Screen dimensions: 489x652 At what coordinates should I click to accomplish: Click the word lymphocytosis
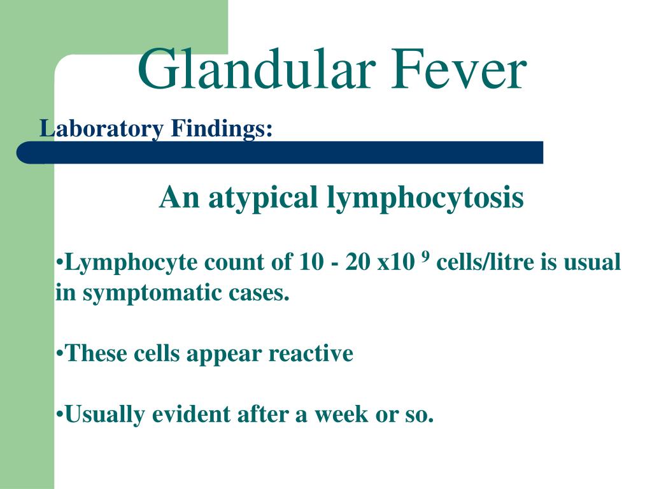425,198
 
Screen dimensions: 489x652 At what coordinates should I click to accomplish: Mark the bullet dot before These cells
59,353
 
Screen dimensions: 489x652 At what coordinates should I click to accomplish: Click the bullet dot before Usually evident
59,415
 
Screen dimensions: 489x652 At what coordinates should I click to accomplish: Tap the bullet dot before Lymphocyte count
59,263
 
